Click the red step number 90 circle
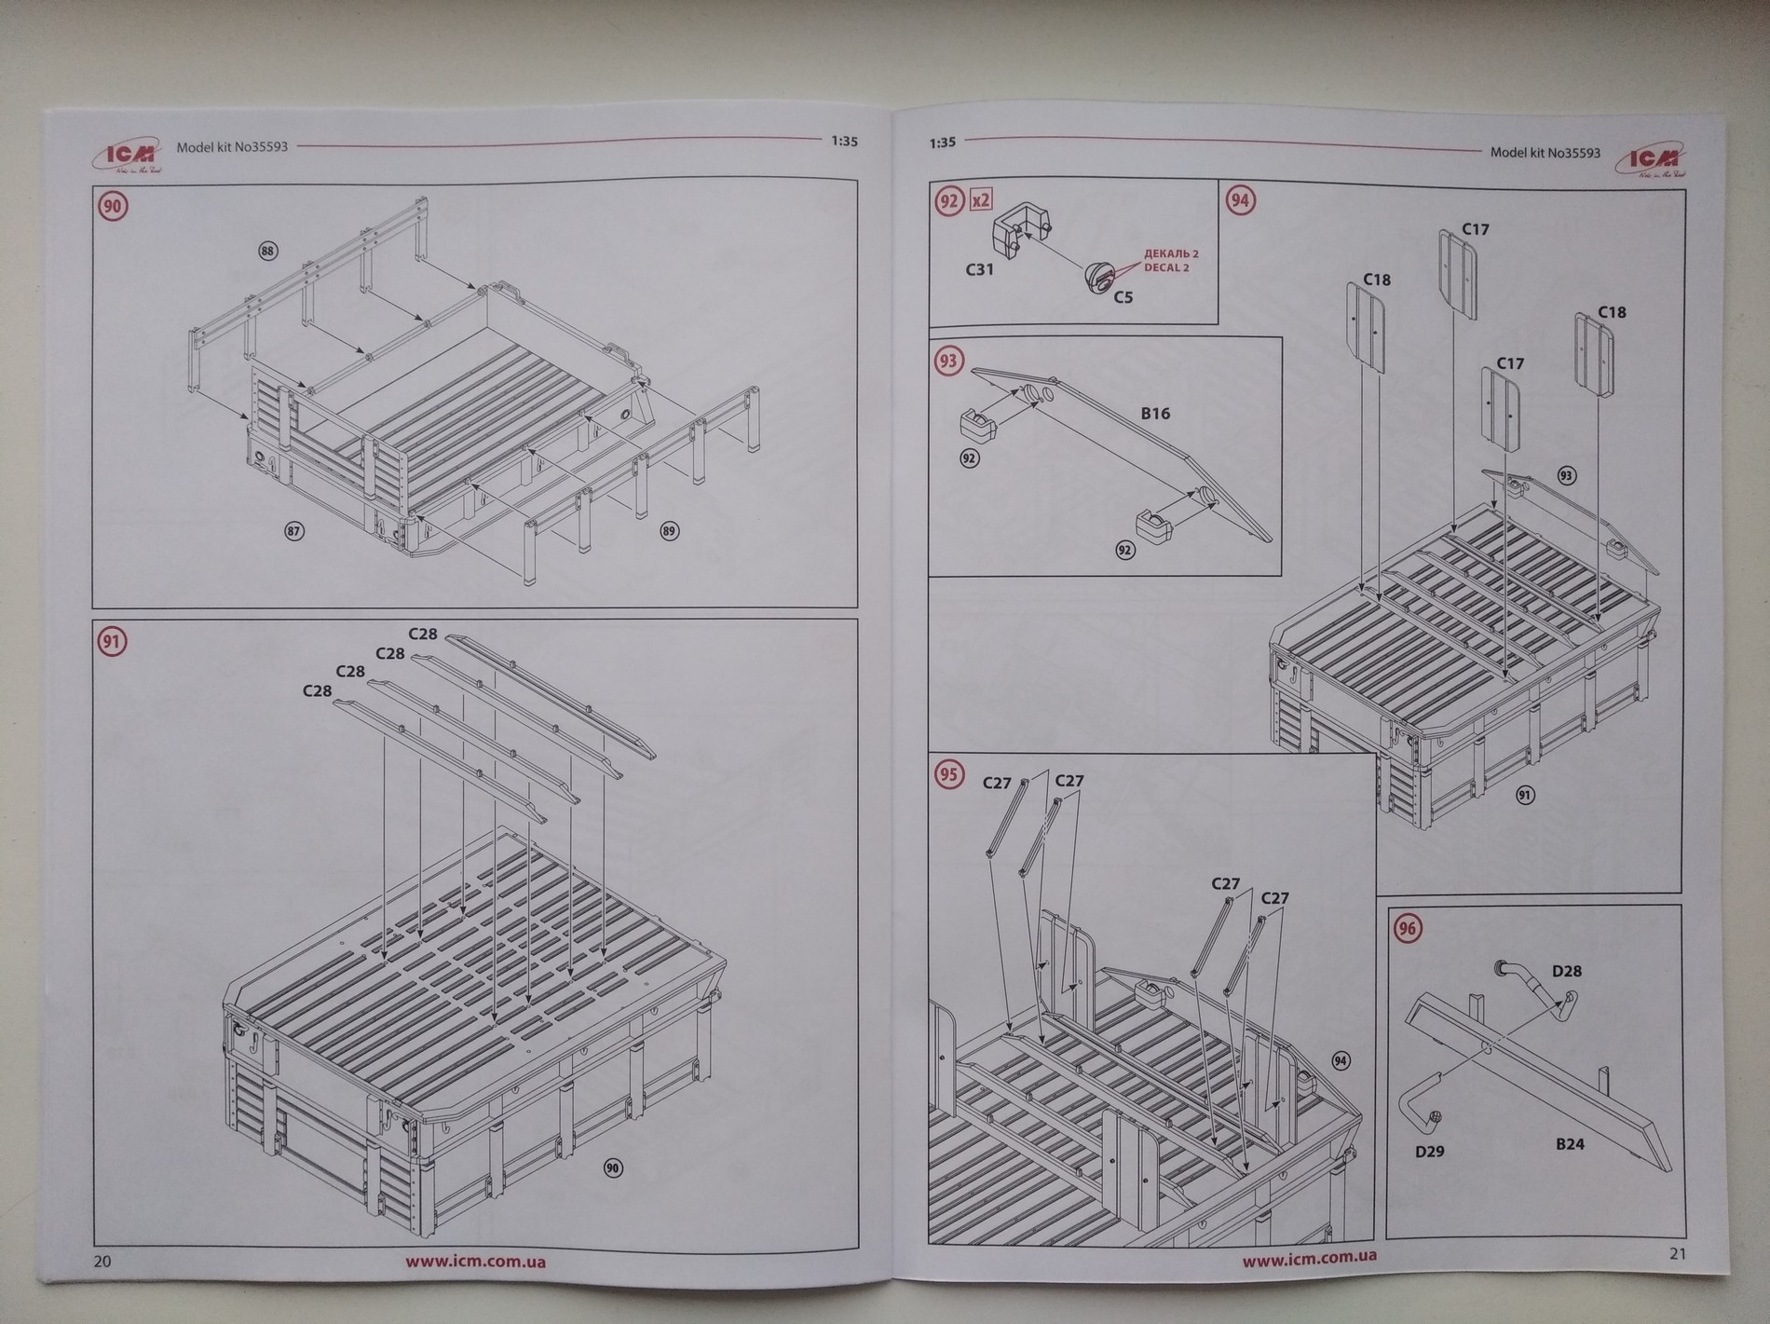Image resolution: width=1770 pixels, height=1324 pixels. point(113,206)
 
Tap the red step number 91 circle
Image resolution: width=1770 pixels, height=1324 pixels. point(113,641)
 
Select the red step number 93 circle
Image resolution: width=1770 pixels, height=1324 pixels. point(948,361)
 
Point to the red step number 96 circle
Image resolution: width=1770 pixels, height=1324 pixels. point(1407,928)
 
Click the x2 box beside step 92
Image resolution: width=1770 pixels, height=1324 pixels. point(979,200)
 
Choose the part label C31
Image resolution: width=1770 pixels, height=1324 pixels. point(979,270)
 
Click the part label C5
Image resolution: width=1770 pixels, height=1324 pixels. point(1123,297)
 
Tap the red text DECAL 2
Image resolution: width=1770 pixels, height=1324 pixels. point(1166,268)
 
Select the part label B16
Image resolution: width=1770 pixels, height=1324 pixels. point(1155,413)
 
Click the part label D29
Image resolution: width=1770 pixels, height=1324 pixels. point(1429,1152)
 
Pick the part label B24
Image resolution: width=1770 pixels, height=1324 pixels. point(1570,1143)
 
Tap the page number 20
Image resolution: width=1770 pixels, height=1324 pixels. point(102,1262)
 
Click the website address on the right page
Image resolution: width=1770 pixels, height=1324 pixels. point(1310,1259)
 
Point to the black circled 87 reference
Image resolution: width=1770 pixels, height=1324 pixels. point(293,531)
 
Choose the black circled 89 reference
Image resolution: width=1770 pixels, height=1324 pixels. point(669,531)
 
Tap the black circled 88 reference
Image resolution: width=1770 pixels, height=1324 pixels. point(268,251)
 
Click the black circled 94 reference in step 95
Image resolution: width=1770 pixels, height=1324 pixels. point(1341,1061)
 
